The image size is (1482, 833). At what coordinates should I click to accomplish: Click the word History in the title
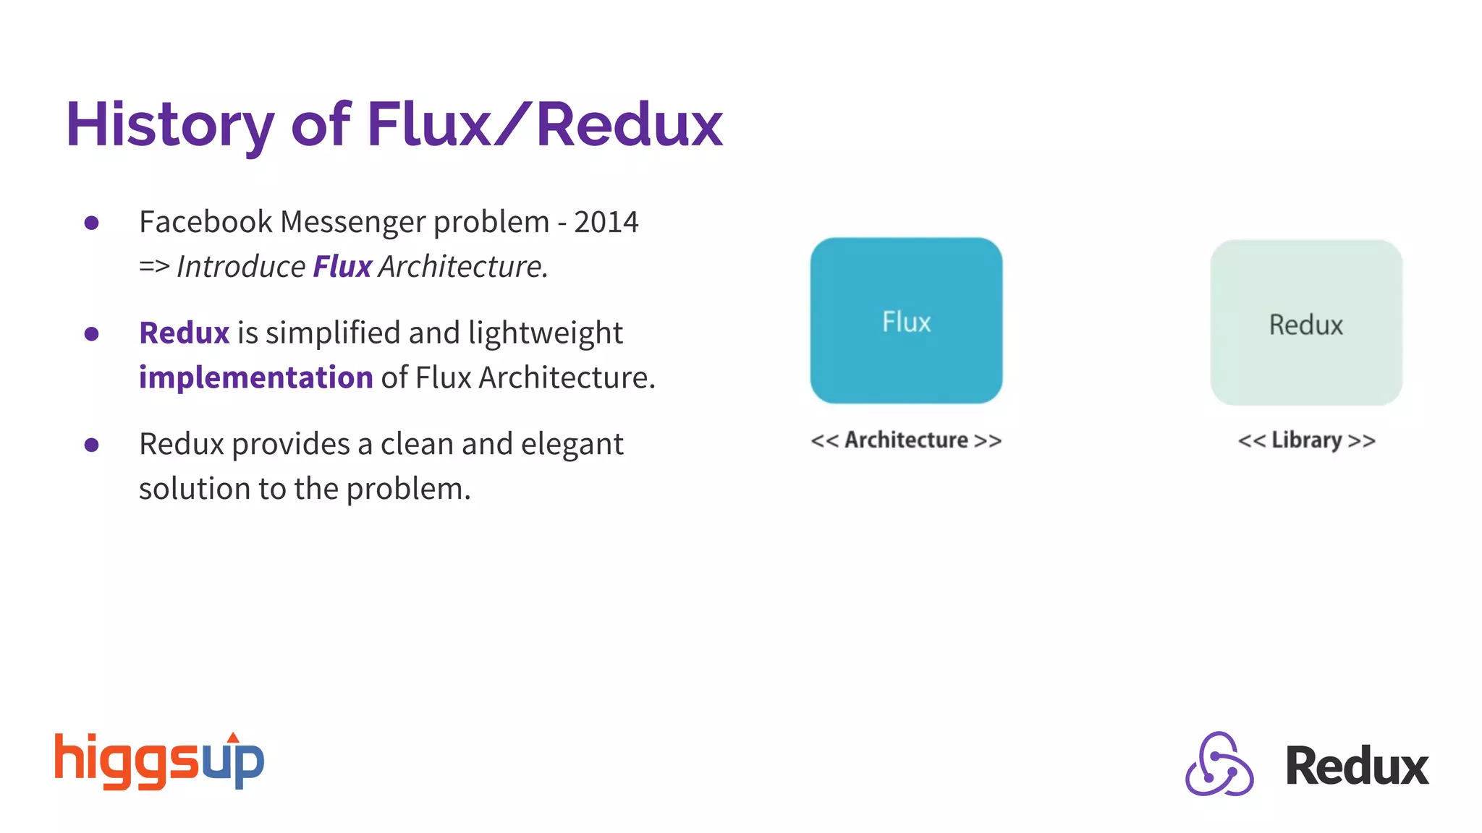169,125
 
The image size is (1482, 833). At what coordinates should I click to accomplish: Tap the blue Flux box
906,320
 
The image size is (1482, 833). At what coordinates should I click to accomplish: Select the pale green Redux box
1306,323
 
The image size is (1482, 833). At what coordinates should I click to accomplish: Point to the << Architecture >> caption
906,440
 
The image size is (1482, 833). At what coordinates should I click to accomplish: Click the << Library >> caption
1306,440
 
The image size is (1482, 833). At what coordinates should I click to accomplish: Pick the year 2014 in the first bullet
606,222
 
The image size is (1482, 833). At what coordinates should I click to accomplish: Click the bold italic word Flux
342,267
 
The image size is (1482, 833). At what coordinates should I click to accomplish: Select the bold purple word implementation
255,377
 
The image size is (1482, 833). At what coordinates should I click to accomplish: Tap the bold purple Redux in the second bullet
184,333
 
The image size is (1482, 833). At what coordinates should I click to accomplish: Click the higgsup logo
159,761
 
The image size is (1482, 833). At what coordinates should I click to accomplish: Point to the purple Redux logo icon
1219,764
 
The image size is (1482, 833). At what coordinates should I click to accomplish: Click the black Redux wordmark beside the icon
1357,766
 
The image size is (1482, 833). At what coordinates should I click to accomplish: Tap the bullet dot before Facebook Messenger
91,223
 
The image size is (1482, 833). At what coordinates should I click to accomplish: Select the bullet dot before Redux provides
91,445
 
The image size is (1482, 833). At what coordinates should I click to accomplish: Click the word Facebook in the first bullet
206,222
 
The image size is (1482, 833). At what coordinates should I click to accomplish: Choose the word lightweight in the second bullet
545,333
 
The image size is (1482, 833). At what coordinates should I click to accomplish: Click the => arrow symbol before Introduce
153,267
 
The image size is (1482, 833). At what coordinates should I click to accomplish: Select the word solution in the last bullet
194,490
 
